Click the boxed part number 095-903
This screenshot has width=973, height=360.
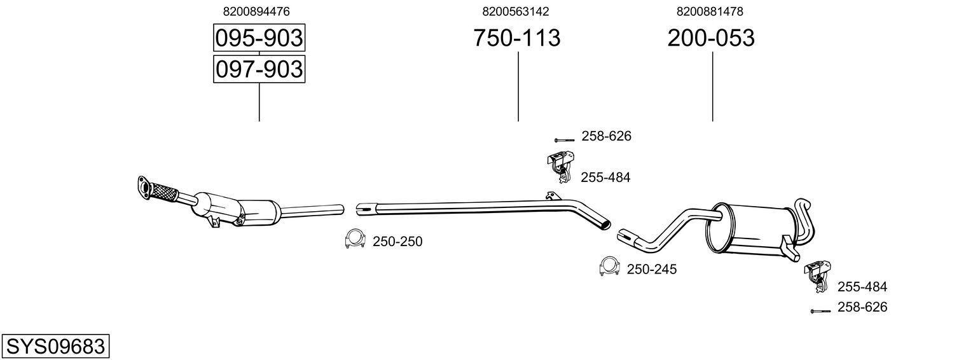click(259, 38)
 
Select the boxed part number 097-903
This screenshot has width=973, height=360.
click(259, 69)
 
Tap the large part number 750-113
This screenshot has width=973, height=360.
click(516, 38)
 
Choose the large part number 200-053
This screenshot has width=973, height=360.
click(711, 38)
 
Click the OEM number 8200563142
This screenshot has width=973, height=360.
click(516, 11)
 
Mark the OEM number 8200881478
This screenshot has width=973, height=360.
click(710, 11)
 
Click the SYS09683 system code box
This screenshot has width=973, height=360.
click(55, 347)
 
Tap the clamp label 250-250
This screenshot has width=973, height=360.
click(397, 242)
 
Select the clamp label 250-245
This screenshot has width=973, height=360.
click(652, 269)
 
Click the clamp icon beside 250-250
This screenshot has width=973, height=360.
click(354, 239)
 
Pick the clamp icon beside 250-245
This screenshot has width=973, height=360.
click(609, 267)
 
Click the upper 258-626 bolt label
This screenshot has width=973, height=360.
click(606, 136)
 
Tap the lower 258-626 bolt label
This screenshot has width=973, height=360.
click(862, 307)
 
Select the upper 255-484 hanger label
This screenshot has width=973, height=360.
click(605, 177)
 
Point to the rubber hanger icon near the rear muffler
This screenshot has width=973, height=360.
click(815, 275)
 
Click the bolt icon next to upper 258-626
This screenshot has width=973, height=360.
click(564, 139)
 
